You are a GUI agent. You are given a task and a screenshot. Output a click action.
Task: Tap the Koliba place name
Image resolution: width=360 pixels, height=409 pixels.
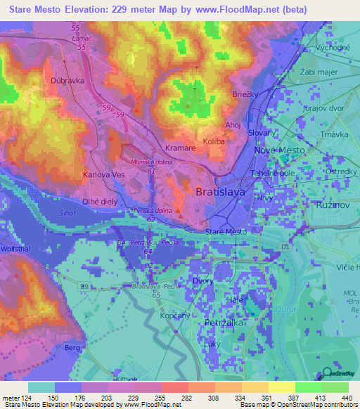click(x=214, y=141)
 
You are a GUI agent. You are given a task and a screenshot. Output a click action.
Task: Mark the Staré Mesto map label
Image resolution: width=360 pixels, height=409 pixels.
click(x=225, y=231)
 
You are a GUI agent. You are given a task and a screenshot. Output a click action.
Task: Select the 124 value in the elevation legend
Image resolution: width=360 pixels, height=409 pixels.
click(x=24, y=398)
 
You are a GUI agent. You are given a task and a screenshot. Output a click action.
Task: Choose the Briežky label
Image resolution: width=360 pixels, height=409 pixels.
click(x=243, y=93)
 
